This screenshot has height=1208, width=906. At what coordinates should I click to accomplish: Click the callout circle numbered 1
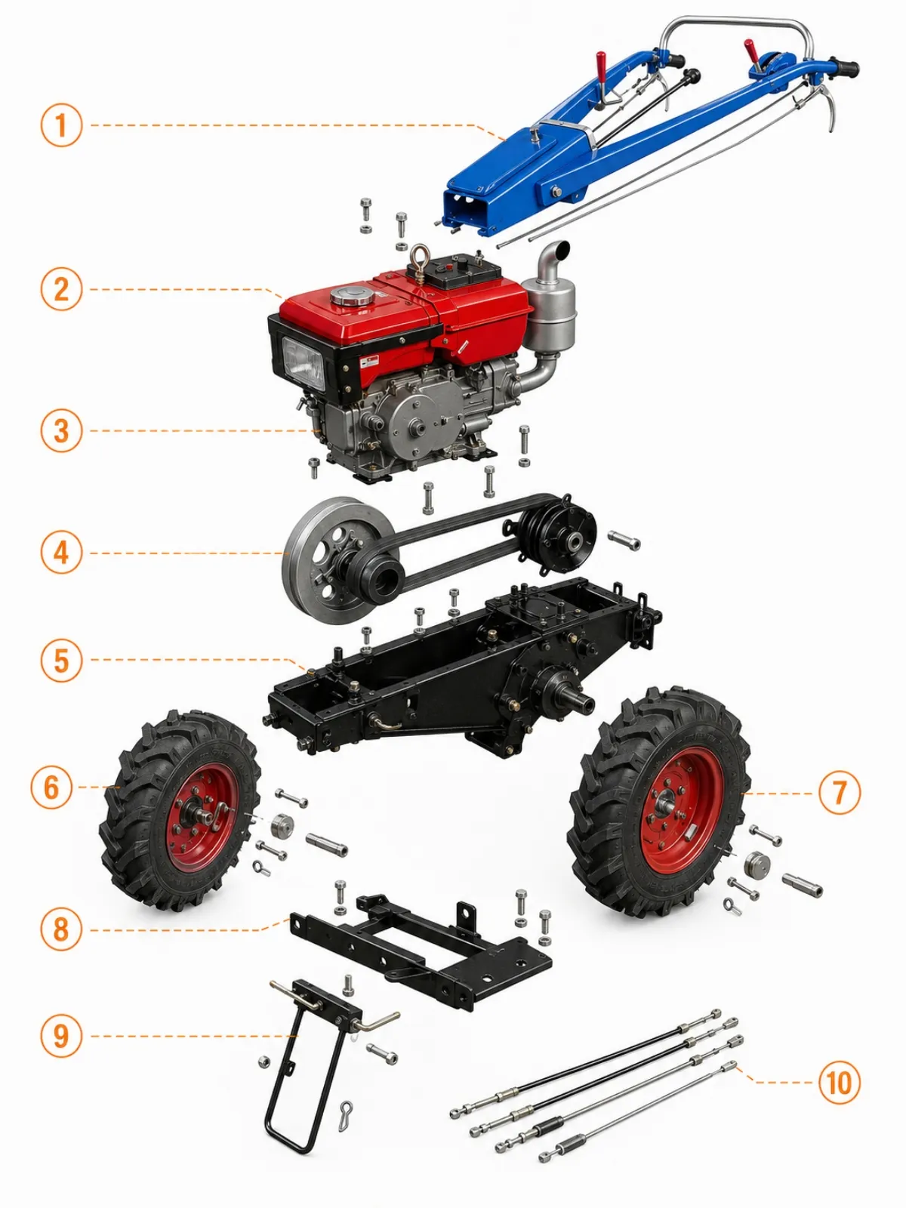tap(62, 125)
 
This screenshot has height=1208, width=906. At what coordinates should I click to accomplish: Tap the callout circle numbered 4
tap(62, 553)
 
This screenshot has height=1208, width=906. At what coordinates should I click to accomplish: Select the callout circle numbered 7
tap(839, 793)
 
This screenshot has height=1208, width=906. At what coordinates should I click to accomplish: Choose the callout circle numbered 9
tap(62, 1036)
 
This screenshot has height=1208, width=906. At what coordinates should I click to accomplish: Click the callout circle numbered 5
tap(62, 659)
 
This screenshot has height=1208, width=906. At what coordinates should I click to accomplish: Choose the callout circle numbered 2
tap(62, 289)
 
